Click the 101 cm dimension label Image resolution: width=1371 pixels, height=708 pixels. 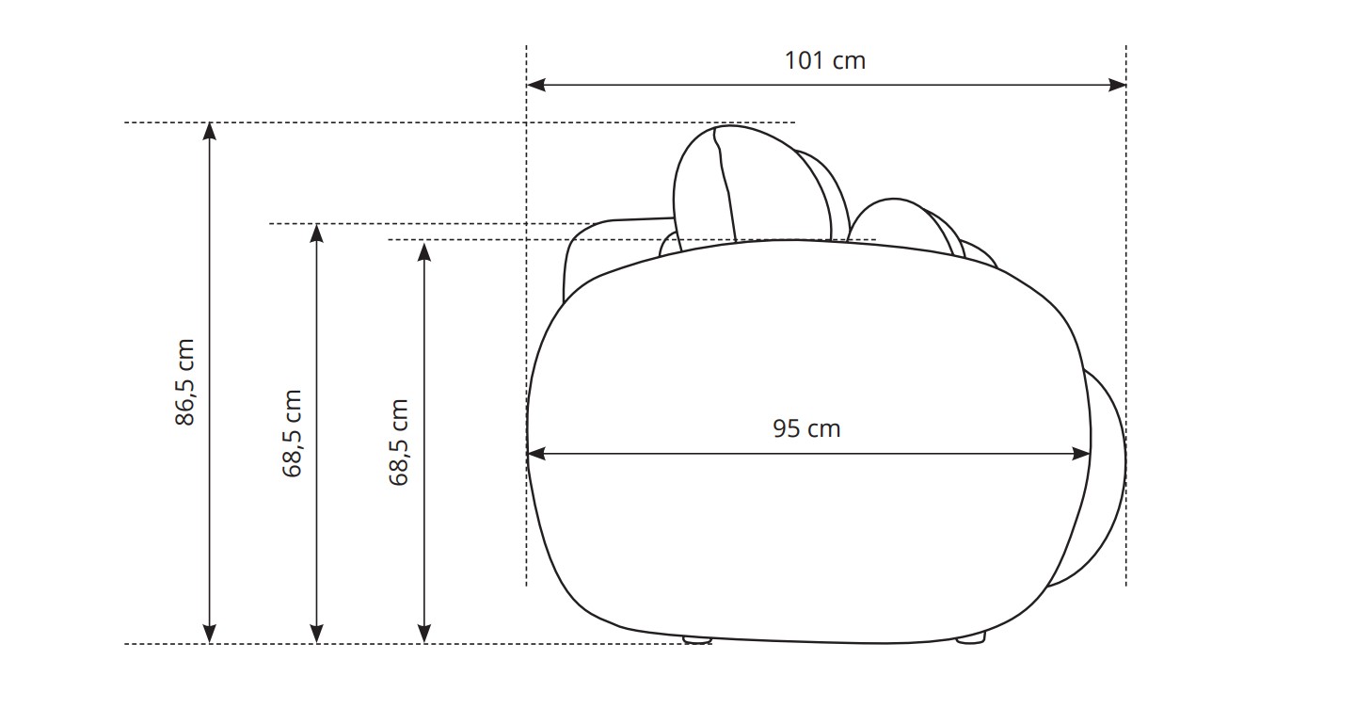click(825, 60)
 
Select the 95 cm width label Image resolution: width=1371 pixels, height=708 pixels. click(806, 428)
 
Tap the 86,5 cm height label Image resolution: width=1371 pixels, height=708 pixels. click(184, 382)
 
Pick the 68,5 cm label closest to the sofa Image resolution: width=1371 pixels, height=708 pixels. click(398, 442)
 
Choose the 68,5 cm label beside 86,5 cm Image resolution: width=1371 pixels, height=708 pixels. click(292, 434)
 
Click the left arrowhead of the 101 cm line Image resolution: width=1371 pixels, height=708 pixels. click(535, 85)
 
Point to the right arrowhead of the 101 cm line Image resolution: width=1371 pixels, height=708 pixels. click(1117, 85)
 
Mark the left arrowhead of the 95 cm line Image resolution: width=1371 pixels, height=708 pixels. click(536, 454)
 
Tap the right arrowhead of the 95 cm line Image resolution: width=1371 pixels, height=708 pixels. click(1081, 454)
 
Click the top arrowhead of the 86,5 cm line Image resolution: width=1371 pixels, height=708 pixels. click(209, 132)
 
